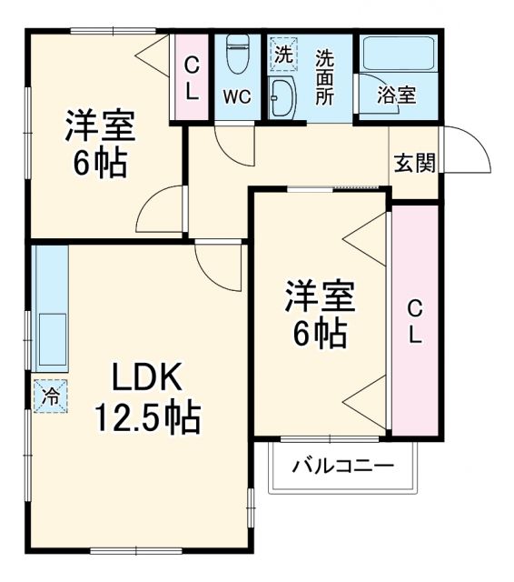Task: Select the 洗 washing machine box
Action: [283, 54]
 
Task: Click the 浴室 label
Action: [397, 95]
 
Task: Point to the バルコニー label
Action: [342, 467]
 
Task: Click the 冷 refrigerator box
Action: [51, 396]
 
